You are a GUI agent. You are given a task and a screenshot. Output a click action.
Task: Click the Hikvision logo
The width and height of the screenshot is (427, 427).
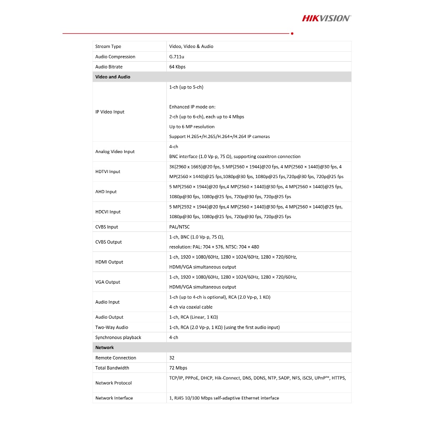click(x=326, y=18)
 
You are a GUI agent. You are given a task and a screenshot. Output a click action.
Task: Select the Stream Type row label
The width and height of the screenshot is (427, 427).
click(x=108, y=46)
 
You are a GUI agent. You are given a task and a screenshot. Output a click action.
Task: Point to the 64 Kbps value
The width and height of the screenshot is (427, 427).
click(x=177, y=67)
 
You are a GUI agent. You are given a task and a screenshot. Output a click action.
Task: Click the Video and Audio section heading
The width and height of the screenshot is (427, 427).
click(x=113, y=77)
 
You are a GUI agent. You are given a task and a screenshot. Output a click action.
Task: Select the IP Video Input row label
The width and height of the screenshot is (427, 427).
click(x=110, y=112)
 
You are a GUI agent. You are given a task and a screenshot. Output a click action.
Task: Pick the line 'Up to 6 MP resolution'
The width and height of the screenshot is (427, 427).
click(x=192, y=127)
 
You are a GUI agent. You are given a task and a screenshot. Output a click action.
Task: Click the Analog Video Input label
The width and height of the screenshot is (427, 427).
click(x=115, y=152)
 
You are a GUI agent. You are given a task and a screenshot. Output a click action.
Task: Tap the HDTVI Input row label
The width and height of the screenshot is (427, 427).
click(x=108, y=172)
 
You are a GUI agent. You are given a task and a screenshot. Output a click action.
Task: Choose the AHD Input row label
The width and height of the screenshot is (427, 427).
click(x=106, y=192)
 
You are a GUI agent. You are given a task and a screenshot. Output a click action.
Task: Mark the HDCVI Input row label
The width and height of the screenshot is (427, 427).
click(x=108, y=212)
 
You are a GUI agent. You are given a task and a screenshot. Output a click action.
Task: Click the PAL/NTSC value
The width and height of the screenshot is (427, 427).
click(x=179, y=227)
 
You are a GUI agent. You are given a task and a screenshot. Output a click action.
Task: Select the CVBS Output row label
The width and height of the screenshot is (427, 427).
click(x=108, y=242)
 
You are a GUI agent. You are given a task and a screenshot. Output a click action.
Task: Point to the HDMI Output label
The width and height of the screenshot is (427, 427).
click(x=109, y=262)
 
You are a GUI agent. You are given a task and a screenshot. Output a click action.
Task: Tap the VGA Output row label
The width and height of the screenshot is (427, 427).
click(x=108, y=282)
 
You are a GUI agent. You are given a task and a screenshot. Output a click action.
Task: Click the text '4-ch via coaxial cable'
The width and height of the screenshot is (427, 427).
click(x=191, y=307)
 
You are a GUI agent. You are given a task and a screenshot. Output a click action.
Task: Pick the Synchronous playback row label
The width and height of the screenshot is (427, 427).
click(x=118, y=337)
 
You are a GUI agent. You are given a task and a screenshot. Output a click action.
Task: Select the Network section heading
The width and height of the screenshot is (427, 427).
click(x=104, y=347)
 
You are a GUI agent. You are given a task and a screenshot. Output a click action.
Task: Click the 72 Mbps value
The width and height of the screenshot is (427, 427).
click(x=178, y=368)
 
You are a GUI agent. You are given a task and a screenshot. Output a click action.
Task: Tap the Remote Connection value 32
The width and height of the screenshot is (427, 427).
click(x=172, y=358)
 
